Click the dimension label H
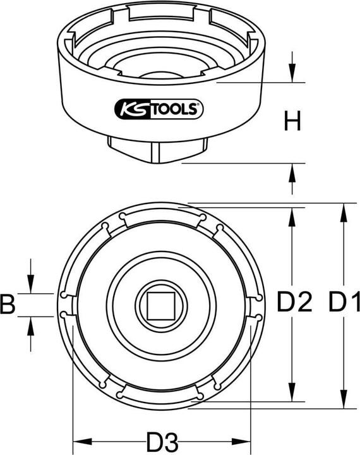pyautogui.click(x=291, y=121)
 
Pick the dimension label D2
pyautogui.click(x=295, y=305)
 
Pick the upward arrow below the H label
pyautogui.click(x=291, y=171)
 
